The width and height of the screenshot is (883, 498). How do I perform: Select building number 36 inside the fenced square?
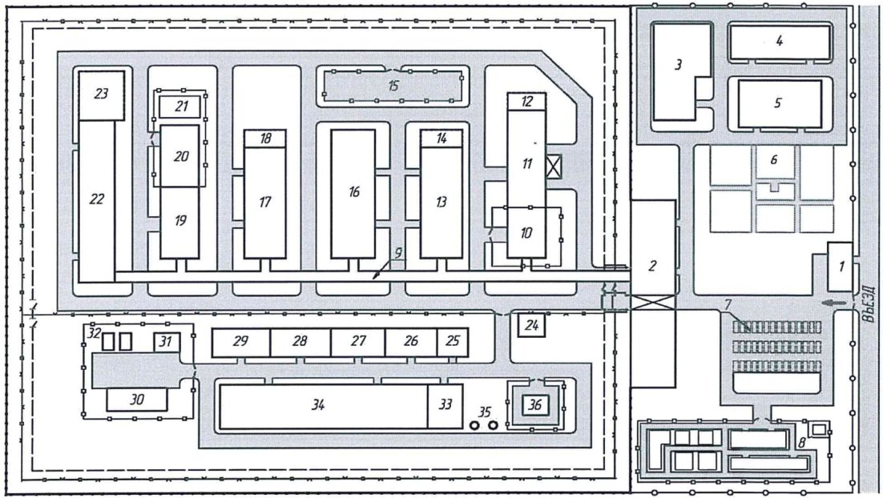535,405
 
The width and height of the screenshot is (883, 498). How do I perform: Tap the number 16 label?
354,191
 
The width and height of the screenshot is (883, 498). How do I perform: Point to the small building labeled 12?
526,101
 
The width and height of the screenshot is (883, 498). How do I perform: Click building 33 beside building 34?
442,406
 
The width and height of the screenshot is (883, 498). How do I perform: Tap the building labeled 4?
779,41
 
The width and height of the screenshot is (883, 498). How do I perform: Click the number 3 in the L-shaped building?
678,65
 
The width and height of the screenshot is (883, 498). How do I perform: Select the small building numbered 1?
839,267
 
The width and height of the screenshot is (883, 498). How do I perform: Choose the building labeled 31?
167,343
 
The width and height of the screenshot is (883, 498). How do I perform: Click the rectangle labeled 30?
137,399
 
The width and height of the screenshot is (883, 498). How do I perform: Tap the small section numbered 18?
265,138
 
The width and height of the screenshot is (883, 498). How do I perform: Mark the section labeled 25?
452,342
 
